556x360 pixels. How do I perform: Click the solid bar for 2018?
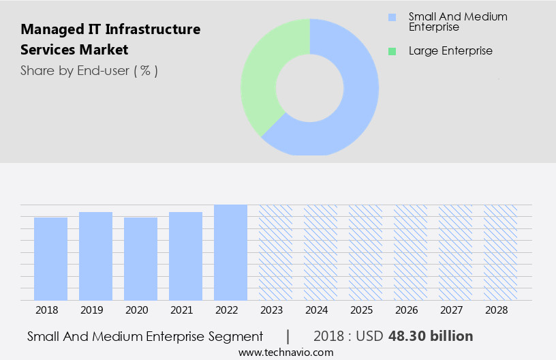click(50, 258)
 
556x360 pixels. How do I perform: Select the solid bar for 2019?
click(95, 256)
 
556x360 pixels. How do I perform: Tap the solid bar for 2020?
click(140, 258)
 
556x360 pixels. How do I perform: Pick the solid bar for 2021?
click(185, 256)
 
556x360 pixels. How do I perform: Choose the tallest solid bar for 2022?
click(230, 252)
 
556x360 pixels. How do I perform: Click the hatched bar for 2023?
click(275, 252)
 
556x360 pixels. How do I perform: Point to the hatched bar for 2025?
click(365, 252)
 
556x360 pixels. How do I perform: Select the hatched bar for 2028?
click(500, 252)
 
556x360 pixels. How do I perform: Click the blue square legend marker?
click(391, 16)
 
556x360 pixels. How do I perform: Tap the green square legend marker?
click(391, 51)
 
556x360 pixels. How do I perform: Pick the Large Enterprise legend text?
click(450, 51)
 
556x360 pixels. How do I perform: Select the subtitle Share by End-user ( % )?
click(89, 70)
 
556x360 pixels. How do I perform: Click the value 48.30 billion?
click(431, 336)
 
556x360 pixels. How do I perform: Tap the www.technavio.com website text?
click(286, 352)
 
